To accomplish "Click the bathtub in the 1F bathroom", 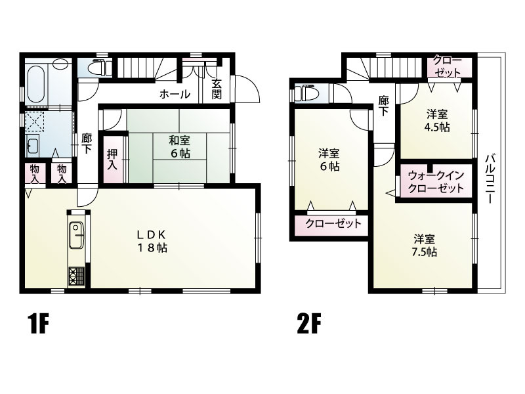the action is click(37, 84).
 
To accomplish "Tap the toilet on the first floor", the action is click(100, 67).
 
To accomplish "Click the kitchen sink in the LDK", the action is click(77, 235).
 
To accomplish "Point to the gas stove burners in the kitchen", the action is click(77, 276).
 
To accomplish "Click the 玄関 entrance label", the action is click(217, 89).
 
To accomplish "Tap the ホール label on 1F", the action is click(175, 94).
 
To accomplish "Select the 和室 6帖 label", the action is click(180, 146).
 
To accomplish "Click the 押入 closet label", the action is click(112, 159).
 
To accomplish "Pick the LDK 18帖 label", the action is click(152, 241).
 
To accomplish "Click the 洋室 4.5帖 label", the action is click(437, 121).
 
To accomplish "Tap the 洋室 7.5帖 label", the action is click(424, 245).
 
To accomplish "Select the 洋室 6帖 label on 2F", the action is click(329, 160).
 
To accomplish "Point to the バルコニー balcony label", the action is click(491, 178).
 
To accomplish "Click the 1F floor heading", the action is click(39, 324).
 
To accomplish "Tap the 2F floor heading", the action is click(308, 324).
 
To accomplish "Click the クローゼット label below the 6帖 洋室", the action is click(333, 223).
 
